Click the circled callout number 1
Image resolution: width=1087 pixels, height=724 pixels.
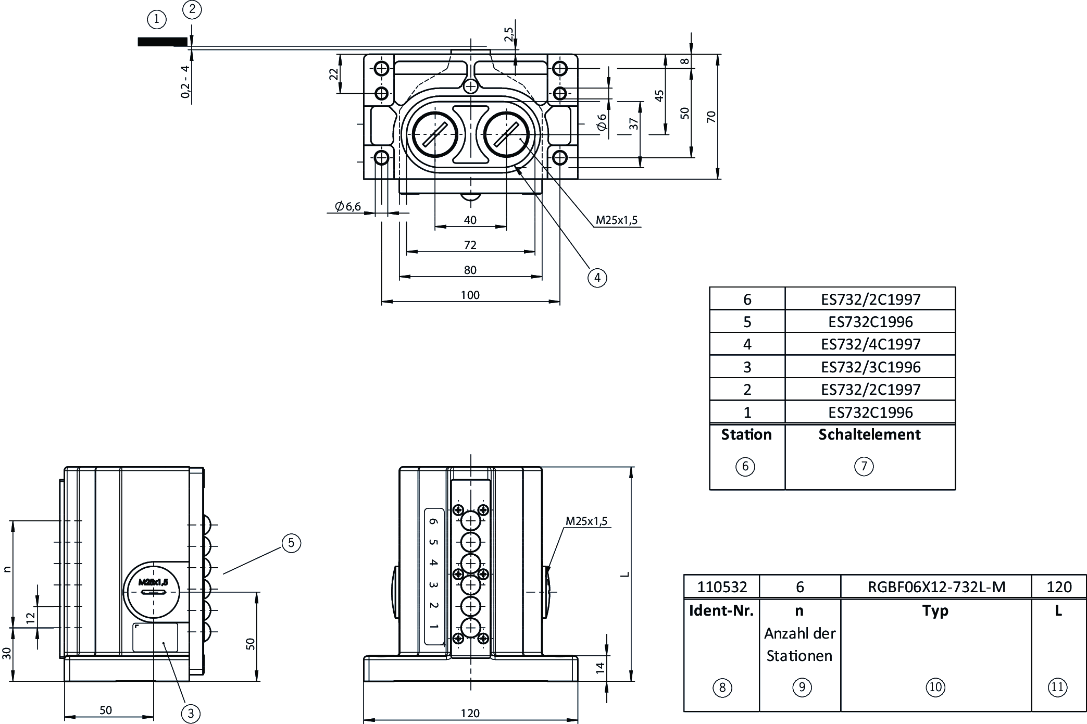coord(157,20)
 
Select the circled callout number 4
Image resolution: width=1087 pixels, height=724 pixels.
coord(597,278)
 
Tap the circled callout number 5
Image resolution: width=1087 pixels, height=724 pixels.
coord(291,543)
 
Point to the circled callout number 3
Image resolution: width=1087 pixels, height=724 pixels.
coord(191,713)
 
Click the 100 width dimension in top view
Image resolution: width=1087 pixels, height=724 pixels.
coord(470,295)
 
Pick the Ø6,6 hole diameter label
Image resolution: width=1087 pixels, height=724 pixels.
coord(348,207)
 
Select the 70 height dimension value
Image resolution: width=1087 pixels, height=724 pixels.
coord(711,117)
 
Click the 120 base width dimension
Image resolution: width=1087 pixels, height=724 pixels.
coord(470,713)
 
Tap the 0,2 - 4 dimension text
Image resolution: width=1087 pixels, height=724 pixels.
coord(185,81)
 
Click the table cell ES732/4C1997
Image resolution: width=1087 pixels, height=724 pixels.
coord(870,344)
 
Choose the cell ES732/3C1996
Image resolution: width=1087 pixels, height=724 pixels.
coord(870,367)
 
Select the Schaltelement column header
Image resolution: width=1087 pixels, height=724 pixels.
coord(869,434)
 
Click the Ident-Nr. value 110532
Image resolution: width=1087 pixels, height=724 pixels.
coord(722,587)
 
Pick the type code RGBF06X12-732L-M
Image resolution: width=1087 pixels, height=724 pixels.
coord(936,587)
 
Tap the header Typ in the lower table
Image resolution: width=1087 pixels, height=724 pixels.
coord(935,610)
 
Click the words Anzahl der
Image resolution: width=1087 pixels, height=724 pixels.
coord(799,633)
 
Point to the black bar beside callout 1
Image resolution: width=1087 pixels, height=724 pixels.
coord(162,42)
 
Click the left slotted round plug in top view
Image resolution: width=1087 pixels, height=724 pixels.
coord(435,134)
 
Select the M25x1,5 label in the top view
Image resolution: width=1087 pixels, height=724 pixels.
coord(616,220)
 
